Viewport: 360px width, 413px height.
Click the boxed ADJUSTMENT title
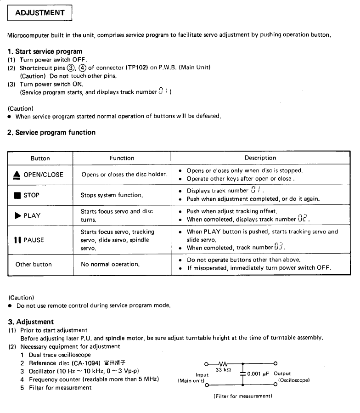tap(40, 13)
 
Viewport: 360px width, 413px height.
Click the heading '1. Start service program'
tap(45, 51)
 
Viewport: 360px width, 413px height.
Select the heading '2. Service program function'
tap(51, 132)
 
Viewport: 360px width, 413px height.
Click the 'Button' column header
tap(40, 158)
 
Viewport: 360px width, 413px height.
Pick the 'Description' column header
tap(260, 158)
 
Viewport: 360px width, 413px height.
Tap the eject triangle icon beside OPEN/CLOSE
tap(17, 175)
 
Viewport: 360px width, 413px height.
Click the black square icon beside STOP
tap(17, 195)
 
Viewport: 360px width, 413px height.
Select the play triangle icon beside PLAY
tap(17, 215)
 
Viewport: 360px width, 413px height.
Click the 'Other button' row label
tap(34, 265)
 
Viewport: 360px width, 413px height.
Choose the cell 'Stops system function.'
tap(112, 195)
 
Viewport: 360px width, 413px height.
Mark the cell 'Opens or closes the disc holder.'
tap(124, 175)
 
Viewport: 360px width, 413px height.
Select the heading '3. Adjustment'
tap(31, 322)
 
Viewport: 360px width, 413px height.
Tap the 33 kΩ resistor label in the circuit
tap(224, 369)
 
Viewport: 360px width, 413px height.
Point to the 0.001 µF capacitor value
tap(259, 373)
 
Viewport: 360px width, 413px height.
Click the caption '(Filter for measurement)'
tap(243, 396)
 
